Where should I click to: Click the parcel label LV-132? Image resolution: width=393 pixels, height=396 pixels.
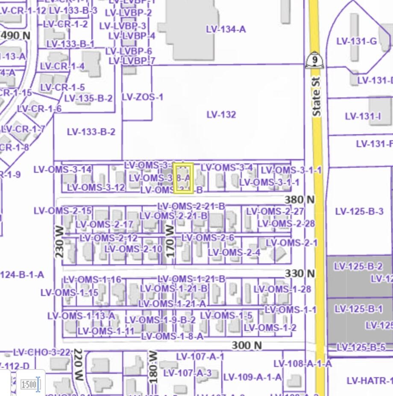221,115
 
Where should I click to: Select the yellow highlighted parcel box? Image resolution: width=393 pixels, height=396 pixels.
183,178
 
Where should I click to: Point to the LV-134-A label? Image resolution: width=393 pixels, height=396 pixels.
226,29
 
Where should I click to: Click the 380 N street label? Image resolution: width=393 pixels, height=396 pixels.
299,199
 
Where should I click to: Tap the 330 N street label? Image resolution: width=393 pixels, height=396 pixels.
299,273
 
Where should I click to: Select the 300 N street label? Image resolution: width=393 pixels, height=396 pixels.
246,345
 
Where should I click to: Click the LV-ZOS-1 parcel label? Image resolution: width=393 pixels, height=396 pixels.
142,97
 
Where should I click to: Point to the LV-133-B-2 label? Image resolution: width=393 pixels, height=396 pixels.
91,132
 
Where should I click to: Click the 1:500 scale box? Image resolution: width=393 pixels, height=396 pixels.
29,384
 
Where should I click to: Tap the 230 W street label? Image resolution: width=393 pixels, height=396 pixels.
59,242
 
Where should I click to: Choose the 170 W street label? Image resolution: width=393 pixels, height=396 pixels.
170,242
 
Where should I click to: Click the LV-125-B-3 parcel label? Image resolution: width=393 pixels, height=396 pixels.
359,211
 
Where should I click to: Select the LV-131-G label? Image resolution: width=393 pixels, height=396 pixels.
357,41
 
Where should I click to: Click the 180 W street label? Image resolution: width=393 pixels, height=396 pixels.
153,367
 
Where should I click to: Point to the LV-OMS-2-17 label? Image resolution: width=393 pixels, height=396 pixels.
104,224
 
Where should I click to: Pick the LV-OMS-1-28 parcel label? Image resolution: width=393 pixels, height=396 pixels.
285,289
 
